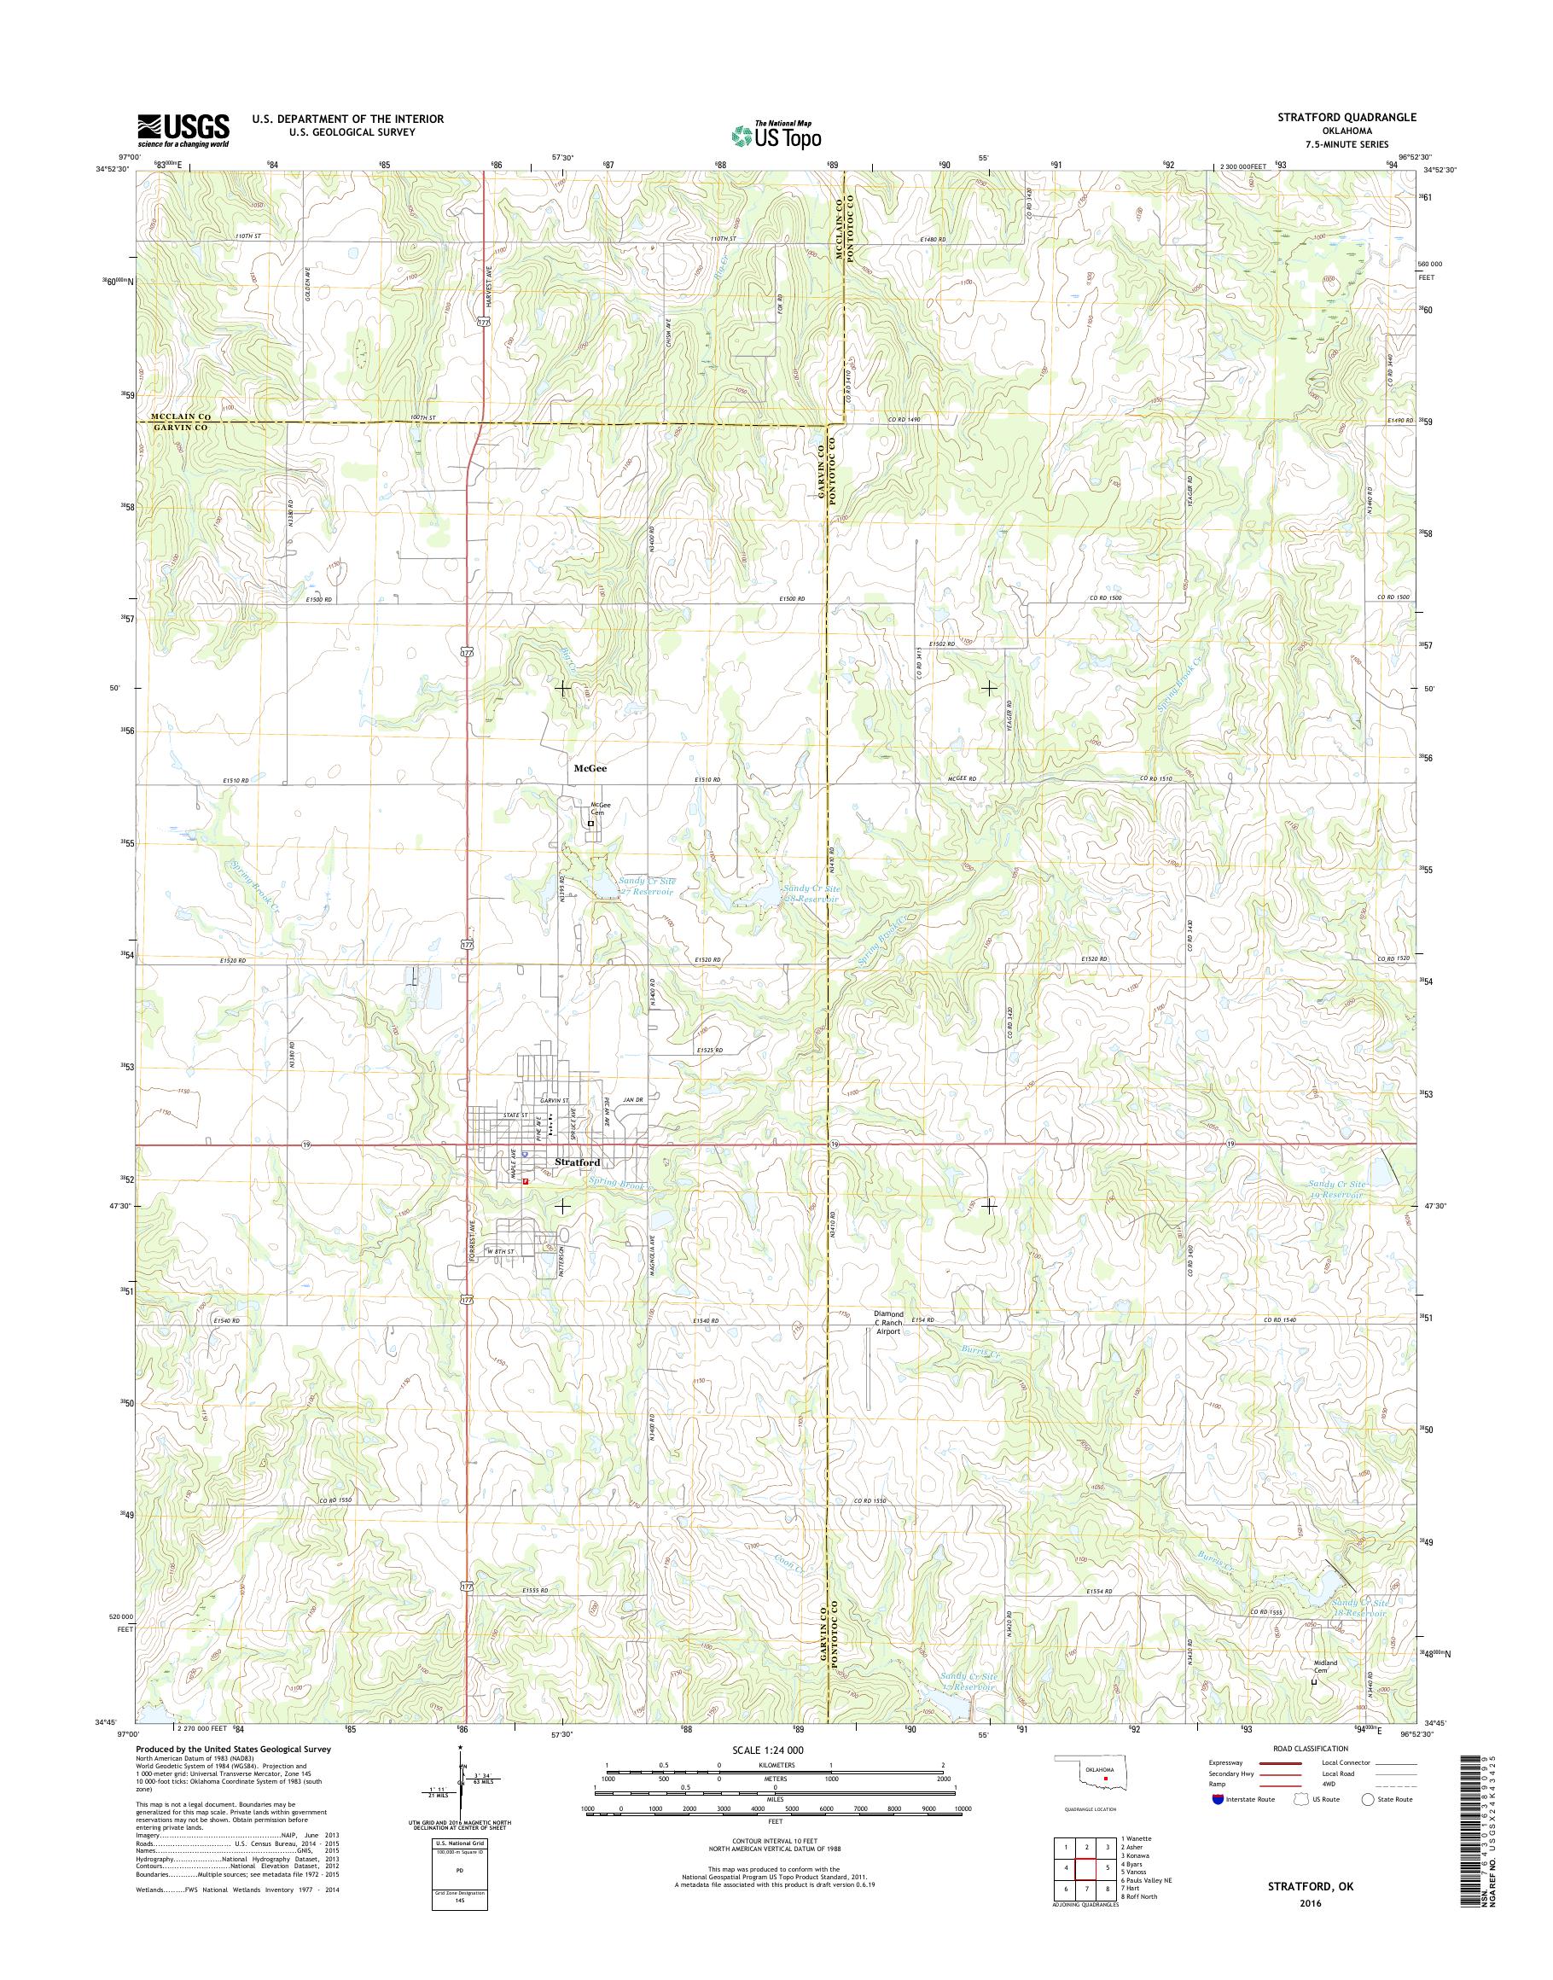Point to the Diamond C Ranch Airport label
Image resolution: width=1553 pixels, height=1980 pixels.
pyautogui.click(x=887, y=1323)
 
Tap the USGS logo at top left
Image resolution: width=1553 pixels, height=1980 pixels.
pyautogui.click(x=183, y=130)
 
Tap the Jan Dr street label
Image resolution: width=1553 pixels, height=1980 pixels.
pyautogui.click(x=633, y=1100)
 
